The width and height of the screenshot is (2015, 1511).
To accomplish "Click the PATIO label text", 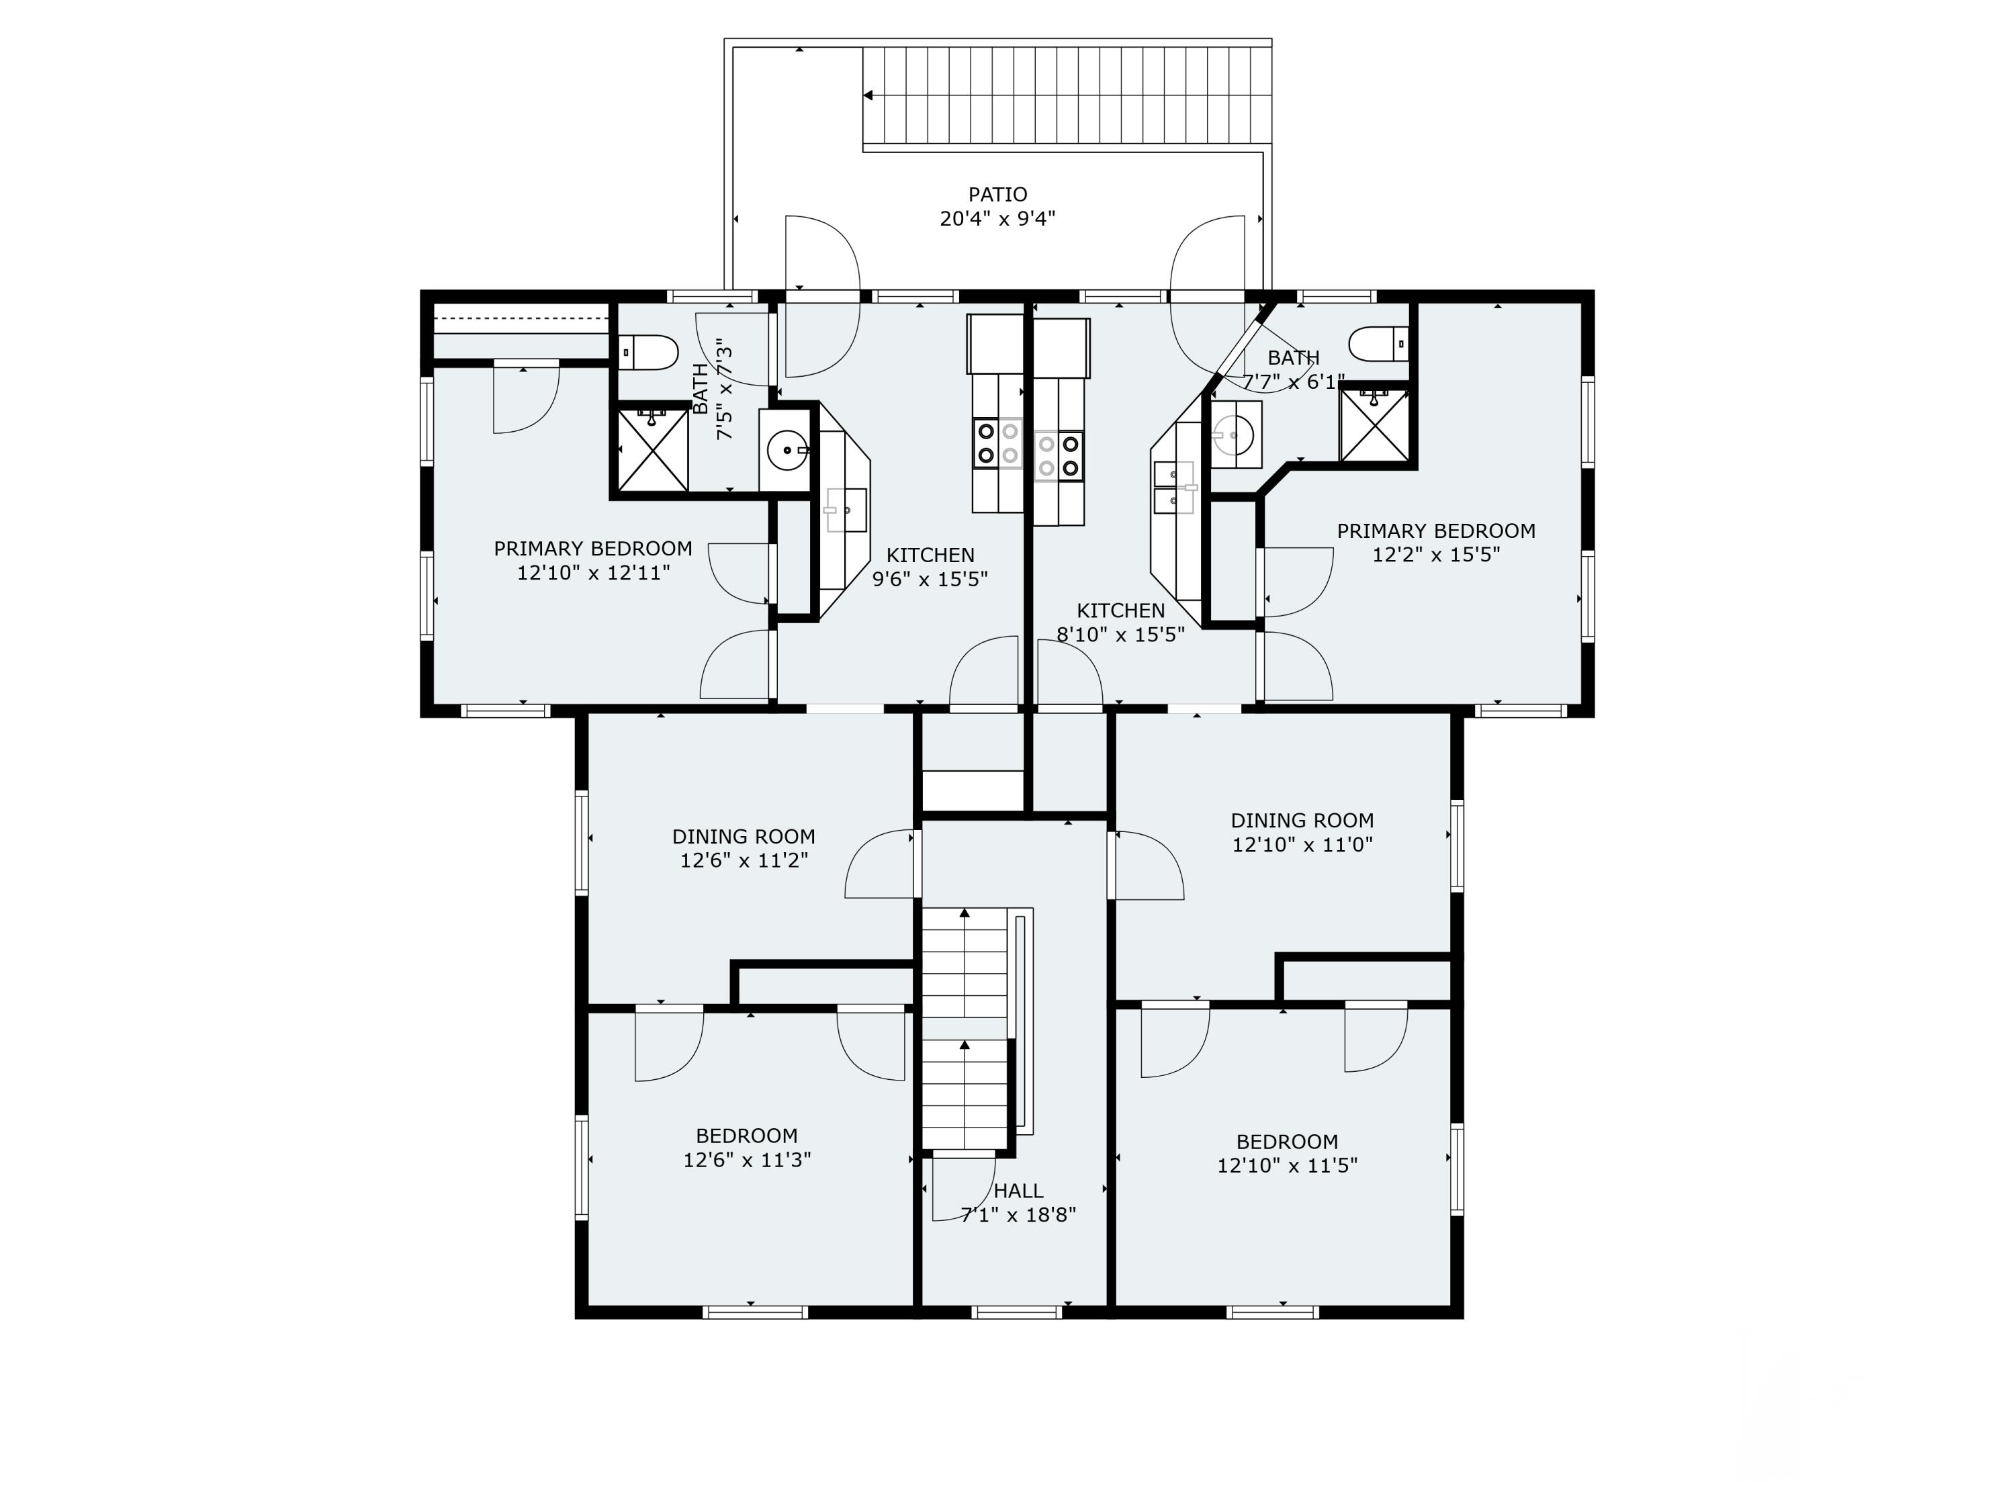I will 997,194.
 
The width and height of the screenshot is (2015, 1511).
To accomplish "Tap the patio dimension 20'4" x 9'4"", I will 997,218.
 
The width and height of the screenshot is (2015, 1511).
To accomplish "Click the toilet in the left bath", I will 649,353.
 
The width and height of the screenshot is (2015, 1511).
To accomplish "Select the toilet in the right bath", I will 1378,345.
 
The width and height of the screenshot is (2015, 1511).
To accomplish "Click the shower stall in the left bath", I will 653,450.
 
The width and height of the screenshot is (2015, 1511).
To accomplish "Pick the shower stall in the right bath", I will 1375,424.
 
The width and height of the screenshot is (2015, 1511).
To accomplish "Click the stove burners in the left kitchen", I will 997,443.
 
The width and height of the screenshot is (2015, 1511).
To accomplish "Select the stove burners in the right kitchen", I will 1059,455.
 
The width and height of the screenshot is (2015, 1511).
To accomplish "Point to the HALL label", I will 1018,1191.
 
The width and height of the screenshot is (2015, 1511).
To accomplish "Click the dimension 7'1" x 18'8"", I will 1018,1214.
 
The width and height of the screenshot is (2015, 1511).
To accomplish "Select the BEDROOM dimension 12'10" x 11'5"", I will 1287,1165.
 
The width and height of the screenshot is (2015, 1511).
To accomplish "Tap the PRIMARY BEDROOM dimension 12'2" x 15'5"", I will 1435,555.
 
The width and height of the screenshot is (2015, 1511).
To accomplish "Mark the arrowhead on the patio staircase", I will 868,95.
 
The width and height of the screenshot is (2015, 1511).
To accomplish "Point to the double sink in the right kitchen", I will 1173,488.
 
